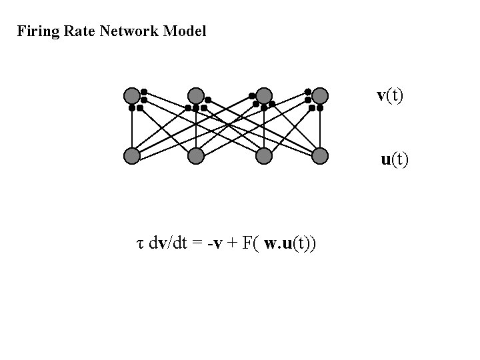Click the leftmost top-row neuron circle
pyautogui.click(x=133, y=96)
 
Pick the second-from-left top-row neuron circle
pyautogui.click(x=195, y=96)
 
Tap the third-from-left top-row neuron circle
pyautogui.click(x=264, y=96)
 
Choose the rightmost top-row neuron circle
pyautogui.click(x=320, y=96)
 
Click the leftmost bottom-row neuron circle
pyautogui.click(x=133, y=156)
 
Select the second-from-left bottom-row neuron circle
pyautogui.click(x=195, y=156)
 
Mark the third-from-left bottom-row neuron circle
pyautogui.click(x=264, y=156)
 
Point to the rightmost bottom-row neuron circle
pyautogui.click(x=320, y=156)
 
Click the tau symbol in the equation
pyautogui.click(x=139, y=244)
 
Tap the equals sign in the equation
pyautogui.click(x=197, y=243)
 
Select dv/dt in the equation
pyautogui.click(x=169, y=243)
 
